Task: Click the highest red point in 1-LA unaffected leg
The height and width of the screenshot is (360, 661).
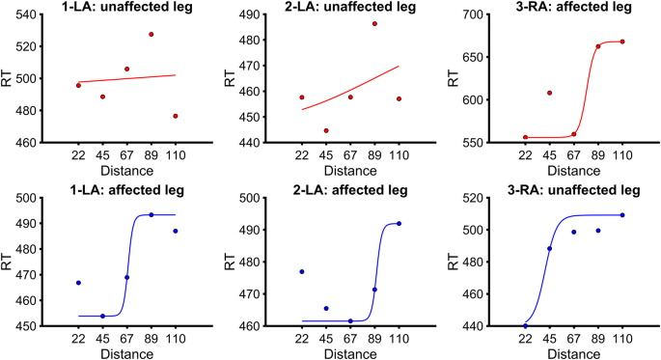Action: [x=151, y=35]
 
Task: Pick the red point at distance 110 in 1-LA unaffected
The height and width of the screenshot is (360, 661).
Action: [x=176, y=116]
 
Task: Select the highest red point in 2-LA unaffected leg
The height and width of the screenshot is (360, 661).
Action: [x=374, y=23]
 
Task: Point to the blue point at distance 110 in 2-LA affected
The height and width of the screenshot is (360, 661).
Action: [x=399, y=223]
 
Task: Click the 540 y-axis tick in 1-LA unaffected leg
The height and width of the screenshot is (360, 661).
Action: [x=52, y=14]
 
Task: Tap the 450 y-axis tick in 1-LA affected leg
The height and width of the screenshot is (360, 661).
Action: [x=52, y=326]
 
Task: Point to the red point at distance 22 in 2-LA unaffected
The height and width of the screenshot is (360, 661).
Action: [x=301, y=97]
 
